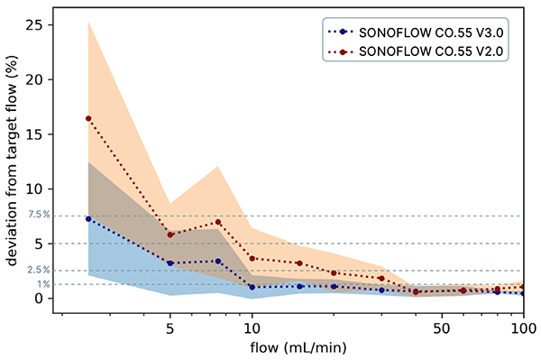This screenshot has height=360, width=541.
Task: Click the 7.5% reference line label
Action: [x=39, y=216]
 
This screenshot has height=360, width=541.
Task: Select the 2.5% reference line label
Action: [x=39, y=271]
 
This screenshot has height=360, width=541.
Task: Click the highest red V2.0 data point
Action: [x=88, y=118]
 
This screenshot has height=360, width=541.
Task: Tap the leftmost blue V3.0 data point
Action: [x=88, y=218]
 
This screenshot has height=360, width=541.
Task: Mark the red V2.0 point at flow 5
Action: [x=170, y=235]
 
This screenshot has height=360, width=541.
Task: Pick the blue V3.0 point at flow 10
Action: [x=252, y=288]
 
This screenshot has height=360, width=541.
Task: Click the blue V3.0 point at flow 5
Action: [x=170, y=263]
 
